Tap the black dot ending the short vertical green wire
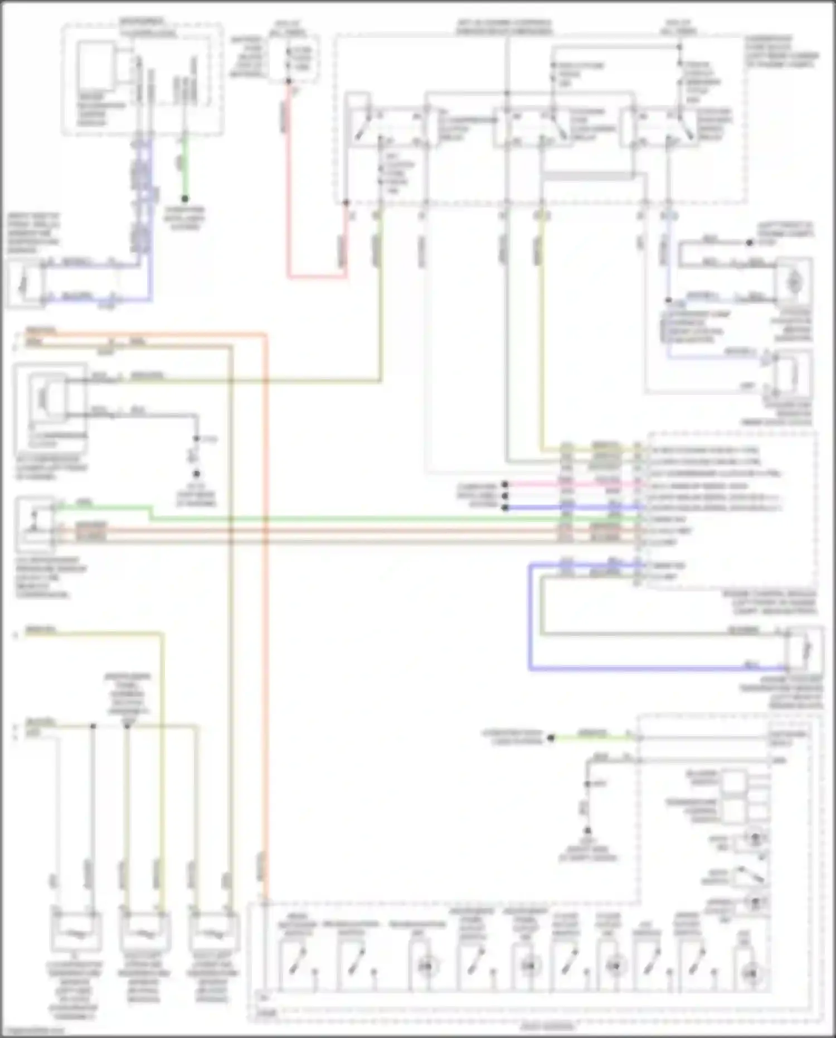click(x=185, y=199)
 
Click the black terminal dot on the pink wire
click(x=505, y=485)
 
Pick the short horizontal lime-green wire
click(x=591, y=738)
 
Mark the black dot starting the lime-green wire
click(x=551, y=738)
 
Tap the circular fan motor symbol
click(x=793, y=282)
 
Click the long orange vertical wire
click(x=265, y=614)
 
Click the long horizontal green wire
click(x=390, y=519)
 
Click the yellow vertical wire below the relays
click(x=539, y=335)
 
